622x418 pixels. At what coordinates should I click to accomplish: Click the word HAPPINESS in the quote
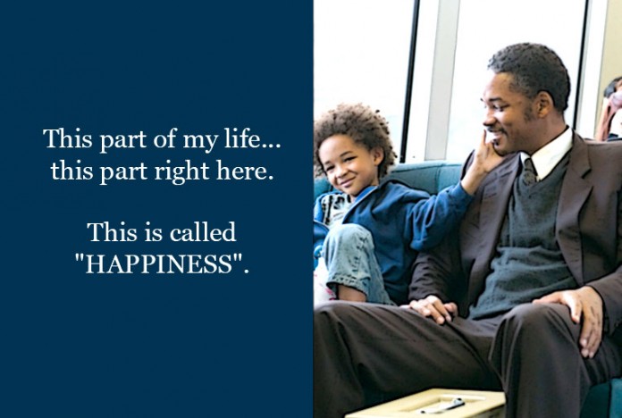click(x=159, y=263)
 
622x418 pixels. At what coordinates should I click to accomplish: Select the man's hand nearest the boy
click(x=433, y=308)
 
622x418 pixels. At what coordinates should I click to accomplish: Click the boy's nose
click(x=341, y=170)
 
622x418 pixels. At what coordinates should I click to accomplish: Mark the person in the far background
click(x=609, y=109)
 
